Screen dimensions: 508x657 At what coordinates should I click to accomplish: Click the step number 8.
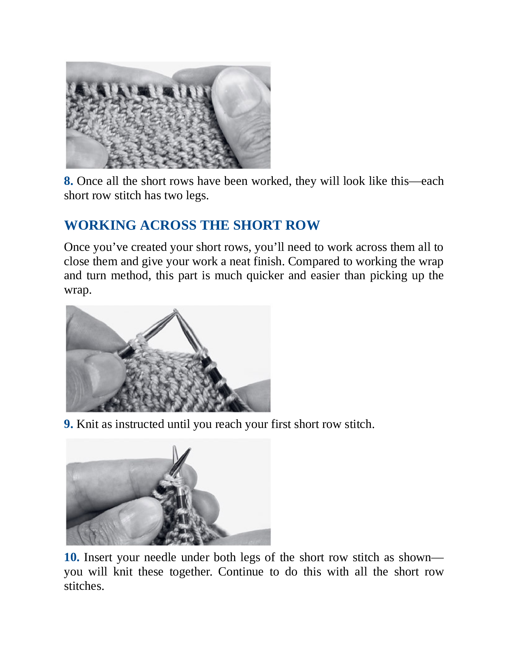click(x=68, y=181)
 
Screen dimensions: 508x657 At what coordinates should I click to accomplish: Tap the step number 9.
click(x=68, y=424)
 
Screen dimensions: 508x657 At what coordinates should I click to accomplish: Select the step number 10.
click(x=72, y=558)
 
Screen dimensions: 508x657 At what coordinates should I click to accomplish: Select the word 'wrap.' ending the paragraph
click(x=78, y=290)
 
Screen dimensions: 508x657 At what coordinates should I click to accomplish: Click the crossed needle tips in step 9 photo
click(x=176, y=311)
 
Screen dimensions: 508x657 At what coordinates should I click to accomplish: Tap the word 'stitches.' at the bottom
click(x=84, y=586)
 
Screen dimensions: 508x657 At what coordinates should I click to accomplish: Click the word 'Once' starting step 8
click(x=89, y=181)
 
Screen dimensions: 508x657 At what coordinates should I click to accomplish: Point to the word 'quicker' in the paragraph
click(x=265, y=276)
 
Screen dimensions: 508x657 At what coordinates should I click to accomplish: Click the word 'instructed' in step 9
click(x=140, y=424)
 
